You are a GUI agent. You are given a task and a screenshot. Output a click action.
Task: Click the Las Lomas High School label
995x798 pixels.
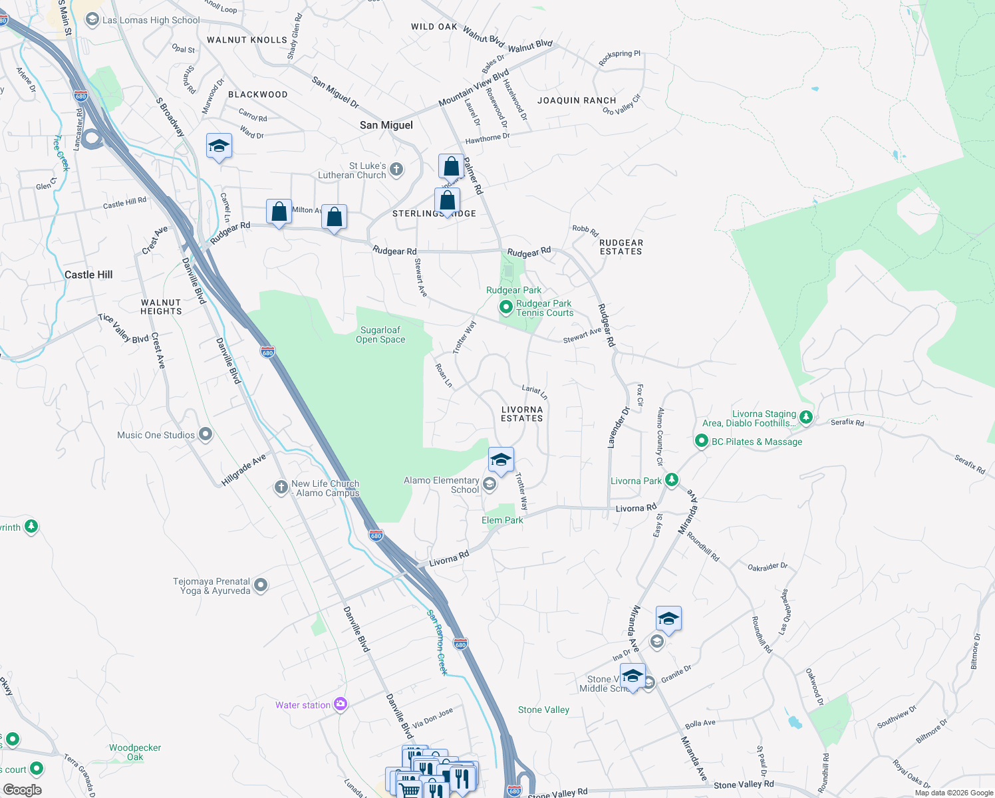tap(150, 20)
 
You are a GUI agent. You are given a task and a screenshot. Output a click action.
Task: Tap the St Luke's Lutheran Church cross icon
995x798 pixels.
tap(396, 170)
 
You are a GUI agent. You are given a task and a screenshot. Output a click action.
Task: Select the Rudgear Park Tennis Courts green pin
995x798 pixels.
tap(506, 307)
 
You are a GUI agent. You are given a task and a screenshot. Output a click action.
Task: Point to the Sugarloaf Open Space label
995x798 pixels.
tap(380, 334)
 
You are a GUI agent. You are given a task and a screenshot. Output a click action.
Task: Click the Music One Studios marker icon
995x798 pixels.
tap(206, 435)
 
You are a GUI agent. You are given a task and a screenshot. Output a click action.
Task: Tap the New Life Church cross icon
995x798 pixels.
tap(281, 487)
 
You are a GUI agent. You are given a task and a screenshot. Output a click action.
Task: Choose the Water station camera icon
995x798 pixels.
tap(341, 704)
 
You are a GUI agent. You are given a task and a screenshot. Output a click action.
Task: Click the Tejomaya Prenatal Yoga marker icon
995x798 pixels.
tap(261, 585)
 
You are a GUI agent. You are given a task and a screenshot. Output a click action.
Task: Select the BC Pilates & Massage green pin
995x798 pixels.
tap(701, 441)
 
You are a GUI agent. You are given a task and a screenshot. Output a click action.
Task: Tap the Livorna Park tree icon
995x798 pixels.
tap(672, 480)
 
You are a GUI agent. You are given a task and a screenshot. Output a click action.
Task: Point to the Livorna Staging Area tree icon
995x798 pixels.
tap(806, 418)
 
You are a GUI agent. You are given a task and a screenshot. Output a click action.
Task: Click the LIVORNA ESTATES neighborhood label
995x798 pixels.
tap(522, 414)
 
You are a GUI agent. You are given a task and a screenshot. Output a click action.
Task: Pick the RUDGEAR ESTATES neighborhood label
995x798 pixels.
tap(621, 247)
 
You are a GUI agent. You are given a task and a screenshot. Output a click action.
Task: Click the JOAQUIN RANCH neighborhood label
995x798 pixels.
tap(577, 100)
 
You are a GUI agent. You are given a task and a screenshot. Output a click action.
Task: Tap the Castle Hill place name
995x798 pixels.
tap(88, 275)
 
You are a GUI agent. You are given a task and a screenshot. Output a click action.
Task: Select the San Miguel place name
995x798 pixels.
tap(386, 125)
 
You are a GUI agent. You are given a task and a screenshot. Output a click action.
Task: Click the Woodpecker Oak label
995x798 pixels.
tap(135, 752)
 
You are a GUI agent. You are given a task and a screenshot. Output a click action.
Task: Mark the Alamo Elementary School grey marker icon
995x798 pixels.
tap(490, 484)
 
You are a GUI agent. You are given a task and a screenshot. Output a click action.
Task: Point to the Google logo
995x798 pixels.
tap(22, 790)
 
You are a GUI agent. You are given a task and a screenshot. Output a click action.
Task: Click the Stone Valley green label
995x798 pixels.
tap(543, 710)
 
